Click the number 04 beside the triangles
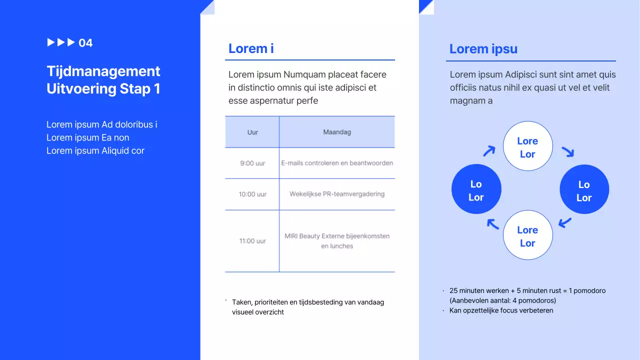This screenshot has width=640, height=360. point(85,43)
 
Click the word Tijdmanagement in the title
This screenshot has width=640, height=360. point(103,71)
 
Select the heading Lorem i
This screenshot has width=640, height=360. point(251,48)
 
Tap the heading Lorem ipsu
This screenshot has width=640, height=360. point(483,49)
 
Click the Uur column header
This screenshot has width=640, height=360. point(252,132)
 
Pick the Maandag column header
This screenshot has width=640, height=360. point(337,132)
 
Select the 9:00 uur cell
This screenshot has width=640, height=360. point(252,163)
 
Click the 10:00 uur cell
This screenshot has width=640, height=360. point(252,194)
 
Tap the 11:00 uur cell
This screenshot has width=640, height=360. point(252,241)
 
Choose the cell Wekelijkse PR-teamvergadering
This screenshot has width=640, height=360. point(337,194)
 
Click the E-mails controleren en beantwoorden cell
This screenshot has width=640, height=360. point(337,163)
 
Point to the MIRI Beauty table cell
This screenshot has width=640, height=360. point(337,241)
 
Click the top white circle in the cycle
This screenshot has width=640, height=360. point(527,146)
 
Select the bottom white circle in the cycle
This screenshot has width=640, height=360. point(527,235)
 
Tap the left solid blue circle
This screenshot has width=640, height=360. point(476,189)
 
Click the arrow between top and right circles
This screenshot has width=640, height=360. point(567,151)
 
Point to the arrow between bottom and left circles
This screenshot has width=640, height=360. point(493,224)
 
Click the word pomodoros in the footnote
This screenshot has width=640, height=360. point(538,300)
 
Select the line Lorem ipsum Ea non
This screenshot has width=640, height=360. point(88,137)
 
